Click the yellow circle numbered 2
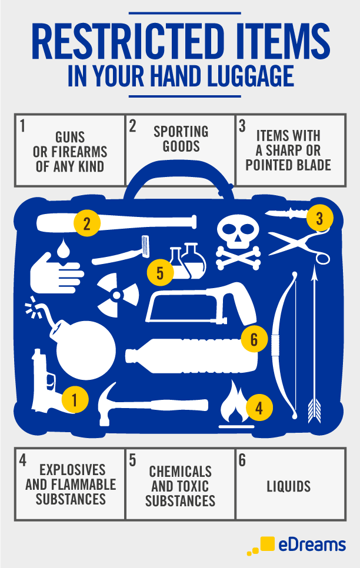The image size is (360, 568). point(87,223)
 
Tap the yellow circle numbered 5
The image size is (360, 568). point(160,272)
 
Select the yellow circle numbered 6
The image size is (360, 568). point(254,339)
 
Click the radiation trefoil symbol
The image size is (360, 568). point(116,295)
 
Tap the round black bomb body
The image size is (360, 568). point(86,350)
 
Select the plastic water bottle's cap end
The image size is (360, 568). point(131,356)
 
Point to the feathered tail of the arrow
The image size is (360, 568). point(314,410)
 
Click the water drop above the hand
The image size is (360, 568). point(64,248)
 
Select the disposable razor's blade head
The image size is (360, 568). point(145,246)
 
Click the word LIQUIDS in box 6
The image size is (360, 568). point(289,486)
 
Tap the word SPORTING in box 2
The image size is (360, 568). point(181,132)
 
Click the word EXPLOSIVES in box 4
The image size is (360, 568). point(72,470)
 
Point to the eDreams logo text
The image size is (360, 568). point(312,545)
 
